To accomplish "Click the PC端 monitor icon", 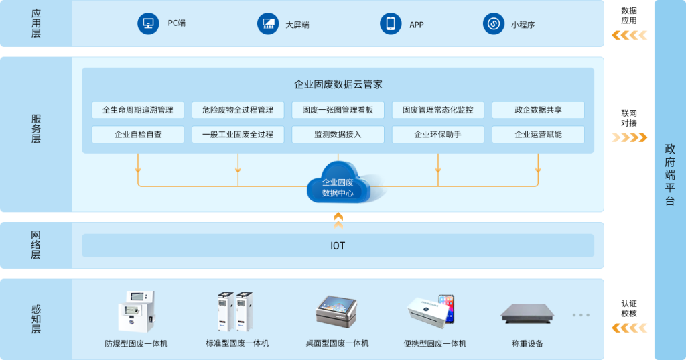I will pyautogui.click(x=147, y=24).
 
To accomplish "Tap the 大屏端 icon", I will pyautogui.click(x=268, y=24).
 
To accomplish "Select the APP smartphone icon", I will pyautogui.click(x=390, y=24).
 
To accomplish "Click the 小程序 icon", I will pyautogui.click(x=493, y=24).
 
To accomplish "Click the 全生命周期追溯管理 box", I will pyautogui.click(x=138, y=110).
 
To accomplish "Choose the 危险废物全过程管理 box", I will pyautogui.click(x=238, y=110).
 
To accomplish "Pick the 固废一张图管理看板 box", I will pyautogui.click(x=338, y=110).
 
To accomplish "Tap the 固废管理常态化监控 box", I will pyautogui.click(x=437, y=110).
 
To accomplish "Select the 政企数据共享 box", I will pyautogui.click(x=538, y=110).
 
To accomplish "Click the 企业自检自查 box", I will pyautogui.click(x=138, y=134).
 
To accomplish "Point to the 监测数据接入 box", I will pyautogui.click(x=338, y=134).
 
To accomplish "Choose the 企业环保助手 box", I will pyautogui.click(x=437, y=134).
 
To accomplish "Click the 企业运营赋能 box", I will pyautogui.click(x=538, y=134).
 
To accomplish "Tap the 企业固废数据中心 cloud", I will pyautogui.click(x=338, y=183).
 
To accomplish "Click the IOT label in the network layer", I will pyautogui.click(x=338, y=246).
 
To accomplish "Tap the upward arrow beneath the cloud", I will pyautogui.click(x=338, y=219).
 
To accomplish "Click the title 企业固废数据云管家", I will pyautogui.click(x=338, y=85).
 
